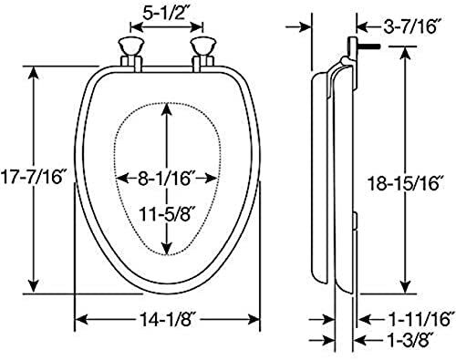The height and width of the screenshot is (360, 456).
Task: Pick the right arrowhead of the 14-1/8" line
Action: click(257, 320)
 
